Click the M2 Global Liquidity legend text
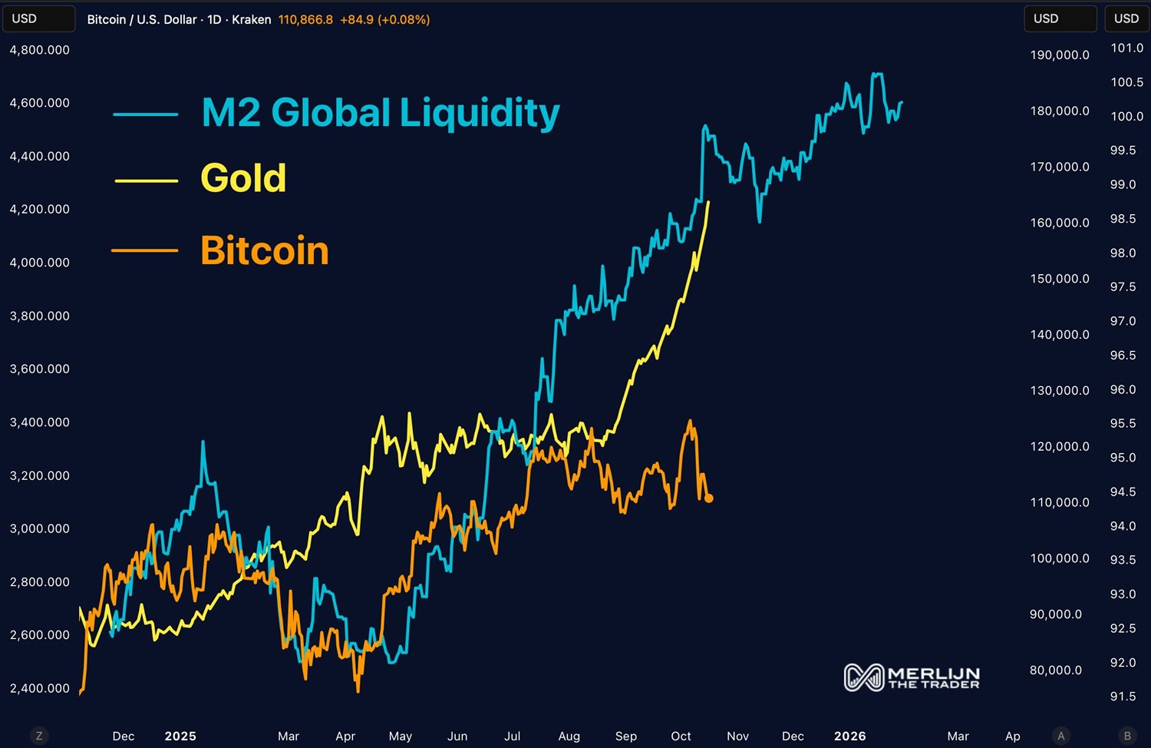click(380, 113)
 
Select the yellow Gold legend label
click(243, 178)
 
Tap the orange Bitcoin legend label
click(264, 251)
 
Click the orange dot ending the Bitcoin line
click(708, 498)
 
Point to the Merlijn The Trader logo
click(912, 677)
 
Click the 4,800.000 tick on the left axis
click(39, 50)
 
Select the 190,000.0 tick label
click(1059, 55)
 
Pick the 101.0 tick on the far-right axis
click(1126, 48)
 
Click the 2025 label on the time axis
click(180, 736)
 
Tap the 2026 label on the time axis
click(849, 736)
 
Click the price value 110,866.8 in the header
click(305, 19)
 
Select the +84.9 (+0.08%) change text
click(384, 19)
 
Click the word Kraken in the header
click(251, 19)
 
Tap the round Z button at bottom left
click(39, 736)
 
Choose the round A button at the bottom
click(1061, 736)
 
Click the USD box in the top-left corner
click(38, 18)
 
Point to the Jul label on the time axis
click(512, 736)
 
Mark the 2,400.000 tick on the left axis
click(39, 688)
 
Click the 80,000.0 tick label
click(1055, 670)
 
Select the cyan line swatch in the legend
click(146, 114)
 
